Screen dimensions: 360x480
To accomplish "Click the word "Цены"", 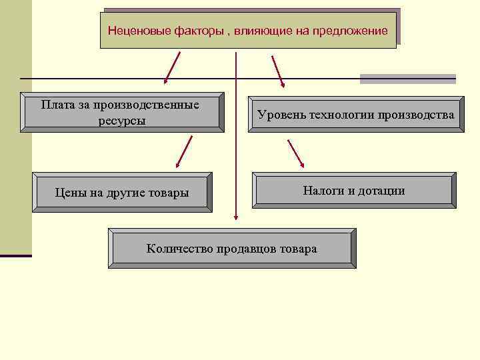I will (x=71, y=193).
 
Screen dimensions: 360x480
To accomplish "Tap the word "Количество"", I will (x=179, y=249).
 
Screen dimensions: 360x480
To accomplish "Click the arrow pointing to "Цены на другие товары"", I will (x=184, y=151).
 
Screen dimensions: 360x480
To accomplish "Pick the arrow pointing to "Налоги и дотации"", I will (x=295, y=153).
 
